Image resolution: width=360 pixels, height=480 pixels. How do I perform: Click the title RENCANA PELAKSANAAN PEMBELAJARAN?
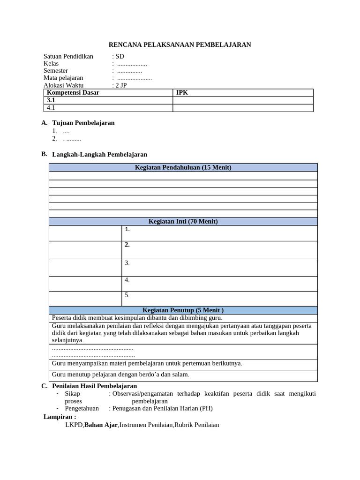pyautogui.click(x=180, y=45)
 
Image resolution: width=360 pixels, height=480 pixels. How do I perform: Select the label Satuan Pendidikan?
pyautogui.click(x=68, y=56)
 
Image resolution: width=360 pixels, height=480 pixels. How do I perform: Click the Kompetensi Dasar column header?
pyautogui.click(x=73, y=93)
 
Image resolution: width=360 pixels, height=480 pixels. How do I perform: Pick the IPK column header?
pyautogui.click(x=182, y=93)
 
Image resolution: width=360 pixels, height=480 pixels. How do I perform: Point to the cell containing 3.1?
pyautogui.click(x=51, y=100)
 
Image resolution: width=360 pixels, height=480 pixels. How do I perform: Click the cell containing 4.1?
pyautogui.click(x=51, y=108)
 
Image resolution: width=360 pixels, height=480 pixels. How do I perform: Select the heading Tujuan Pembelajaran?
pyautogui.click(x=83, y=123)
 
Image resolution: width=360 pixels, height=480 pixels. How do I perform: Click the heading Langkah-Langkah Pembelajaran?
pyautogui.click(x=99, y=154)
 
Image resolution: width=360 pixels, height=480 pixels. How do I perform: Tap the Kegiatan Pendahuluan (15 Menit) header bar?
pyautogui.click(x=183, y=167)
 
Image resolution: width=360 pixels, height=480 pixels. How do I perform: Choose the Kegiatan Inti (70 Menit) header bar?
pyautogui.click(x=183, y=221)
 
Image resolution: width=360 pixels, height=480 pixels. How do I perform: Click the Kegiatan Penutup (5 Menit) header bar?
pyautogui.click(x=183, y=310)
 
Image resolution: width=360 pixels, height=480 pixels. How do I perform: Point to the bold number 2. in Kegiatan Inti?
pyautogui.click(x=127, y=245)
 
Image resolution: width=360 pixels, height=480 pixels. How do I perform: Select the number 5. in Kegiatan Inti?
pyautogui.click(x=127, y=295)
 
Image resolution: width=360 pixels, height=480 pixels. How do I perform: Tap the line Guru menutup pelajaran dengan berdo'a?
pyautogui.click(x=121, y=374)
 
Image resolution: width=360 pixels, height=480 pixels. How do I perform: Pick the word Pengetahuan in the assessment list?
pyautogui.click(x=82, y=408)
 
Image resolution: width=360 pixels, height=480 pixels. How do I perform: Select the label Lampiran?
pyautogui.click(x=60, y=417)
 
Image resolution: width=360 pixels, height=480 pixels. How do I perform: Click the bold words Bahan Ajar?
pyautogui.click(x=101, y=425)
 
